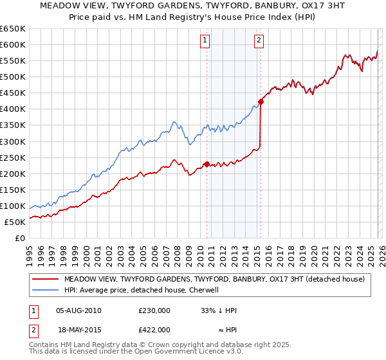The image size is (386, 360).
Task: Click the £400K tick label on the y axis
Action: pos(13,109)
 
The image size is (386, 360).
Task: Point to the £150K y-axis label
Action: pos(13,190)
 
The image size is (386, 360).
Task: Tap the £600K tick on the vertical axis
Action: pos(13,44)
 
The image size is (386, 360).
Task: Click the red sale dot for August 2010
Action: pos(207,164)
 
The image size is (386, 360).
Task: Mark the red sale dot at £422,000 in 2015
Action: pos(261,102)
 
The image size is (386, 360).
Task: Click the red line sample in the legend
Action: pos(45,279)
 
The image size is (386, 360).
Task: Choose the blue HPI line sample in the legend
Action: pos(45,290)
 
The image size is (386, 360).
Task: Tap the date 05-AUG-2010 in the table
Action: pos(78,310)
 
